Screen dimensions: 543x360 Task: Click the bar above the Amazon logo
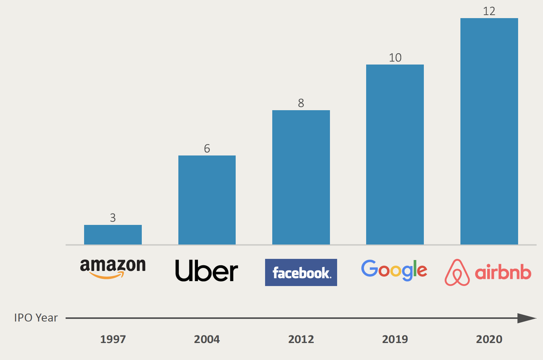click(113, 235)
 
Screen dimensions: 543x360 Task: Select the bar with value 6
click(207, 200)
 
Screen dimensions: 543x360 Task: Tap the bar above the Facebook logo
click(301, 177)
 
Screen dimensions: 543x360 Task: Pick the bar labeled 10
click(395, 155)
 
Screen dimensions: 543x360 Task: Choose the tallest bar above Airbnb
click(489, 131)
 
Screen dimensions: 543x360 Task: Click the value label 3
click(113, 218)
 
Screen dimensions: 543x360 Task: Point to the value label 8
click(301, 103)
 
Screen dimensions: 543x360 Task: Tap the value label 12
click(489, 11)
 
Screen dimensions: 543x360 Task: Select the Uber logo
click(207, 271)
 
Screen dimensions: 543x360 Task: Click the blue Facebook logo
click(301, 272)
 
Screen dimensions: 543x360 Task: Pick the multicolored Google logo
click(394, 271)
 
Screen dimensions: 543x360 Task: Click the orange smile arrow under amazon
click(107, 275)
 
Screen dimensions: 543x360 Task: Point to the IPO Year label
click(36, 318)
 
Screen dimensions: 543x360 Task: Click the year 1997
click(113, 339)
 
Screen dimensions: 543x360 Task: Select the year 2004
click(207, 339)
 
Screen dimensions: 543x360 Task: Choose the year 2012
click(301, 339)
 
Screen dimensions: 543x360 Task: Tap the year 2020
click(489, 339)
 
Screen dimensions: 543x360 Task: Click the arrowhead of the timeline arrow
click(526, 318)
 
